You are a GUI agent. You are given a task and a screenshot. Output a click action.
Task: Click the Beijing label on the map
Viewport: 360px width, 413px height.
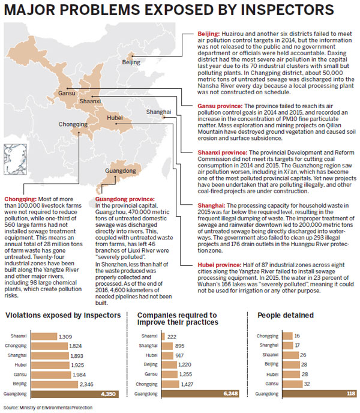[131, 62]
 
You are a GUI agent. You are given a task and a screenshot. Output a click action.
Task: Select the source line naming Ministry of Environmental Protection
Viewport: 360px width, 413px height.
[47, 408]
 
